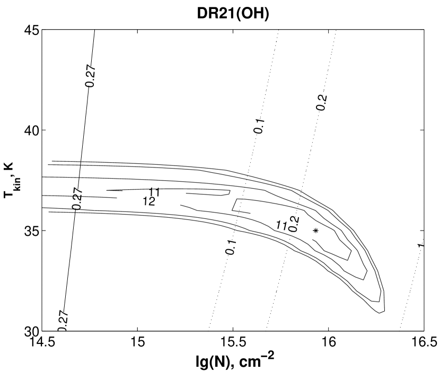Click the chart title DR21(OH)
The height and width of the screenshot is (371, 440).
[x=233, y=13]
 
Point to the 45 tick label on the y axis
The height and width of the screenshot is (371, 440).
[x=32, y=30]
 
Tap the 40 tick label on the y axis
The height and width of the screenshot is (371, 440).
[x=32, y=130]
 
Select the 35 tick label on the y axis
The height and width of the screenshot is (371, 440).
[x=32, y=231]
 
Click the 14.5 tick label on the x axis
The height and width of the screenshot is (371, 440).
[x=42, y=342]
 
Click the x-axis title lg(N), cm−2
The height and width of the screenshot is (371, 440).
[x=235, y=360]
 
